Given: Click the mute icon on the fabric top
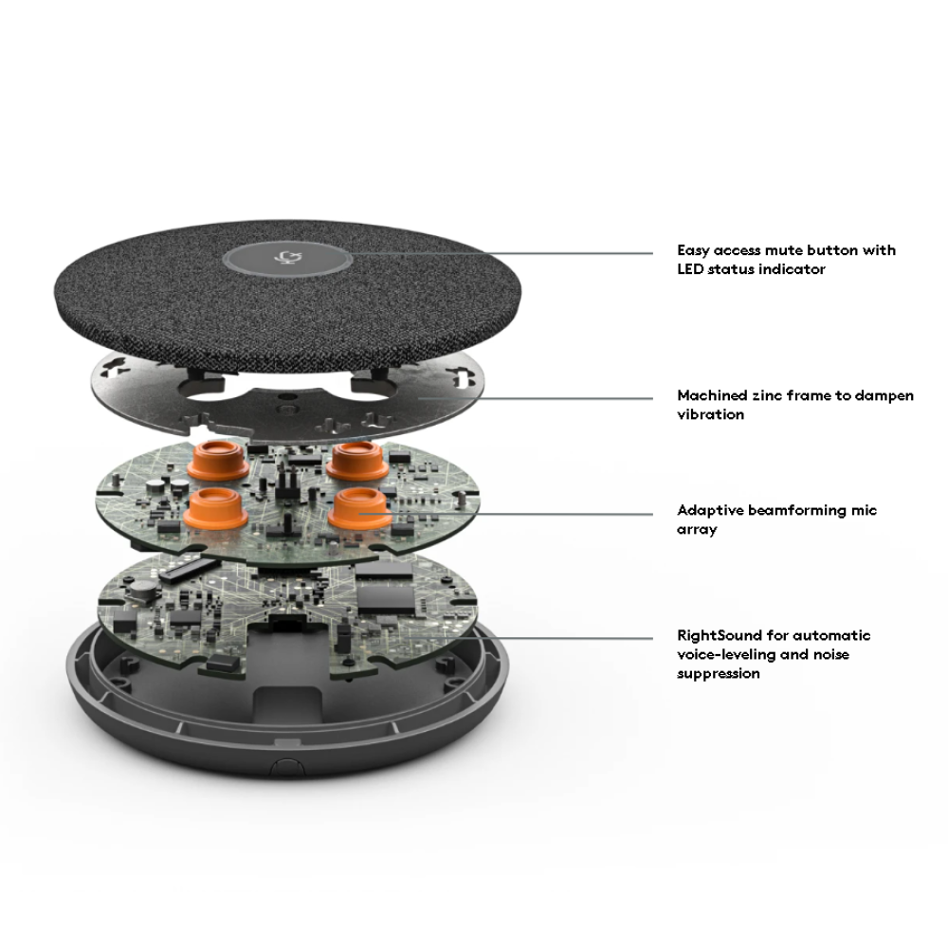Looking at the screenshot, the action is (286, 258).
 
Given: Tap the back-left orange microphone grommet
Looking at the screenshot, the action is (217, 461).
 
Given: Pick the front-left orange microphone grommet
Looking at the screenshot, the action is (215, 509).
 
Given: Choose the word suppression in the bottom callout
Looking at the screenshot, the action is (719, 673).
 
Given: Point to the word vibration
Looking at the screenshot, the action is (710, 415).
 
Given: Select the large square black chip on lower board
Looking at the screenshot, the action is (385, 590).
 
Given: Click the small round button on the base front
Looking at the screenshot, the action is (286, 766).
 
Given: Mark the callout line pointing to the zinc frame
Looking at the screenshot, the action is (536, 398).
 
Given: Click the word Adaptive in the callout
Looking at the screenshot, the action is (710, 511).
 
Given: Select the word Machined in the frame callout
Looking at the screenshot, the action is (712, 395).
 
